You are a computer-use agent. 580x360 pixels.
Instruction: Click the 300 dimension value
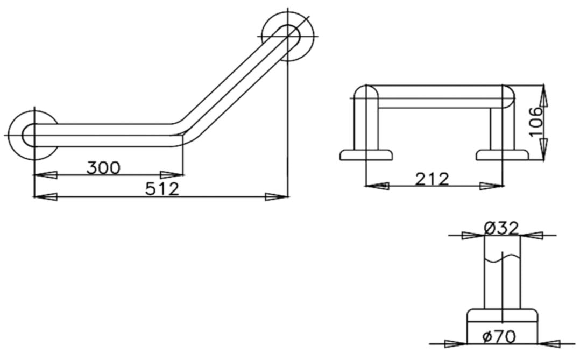(104, 168)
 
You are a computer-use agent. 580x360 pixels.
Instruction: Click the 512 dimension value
(162, 189)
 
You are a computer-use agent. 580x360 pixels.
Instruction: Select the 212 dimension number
(432, 179)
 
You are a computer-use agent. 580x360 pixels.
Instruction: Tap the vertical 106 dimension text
(535, 122)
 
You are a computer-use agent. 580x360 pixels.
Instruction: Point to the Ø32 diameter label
(501, 228)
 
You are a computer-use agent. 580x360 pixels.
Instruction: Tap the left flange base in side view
(366, 155)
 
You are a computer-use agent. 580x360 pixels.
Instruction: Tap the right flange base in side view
(503, 155)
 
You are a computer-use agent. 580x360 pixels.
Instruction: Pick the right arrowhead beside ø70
(549, 343)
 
